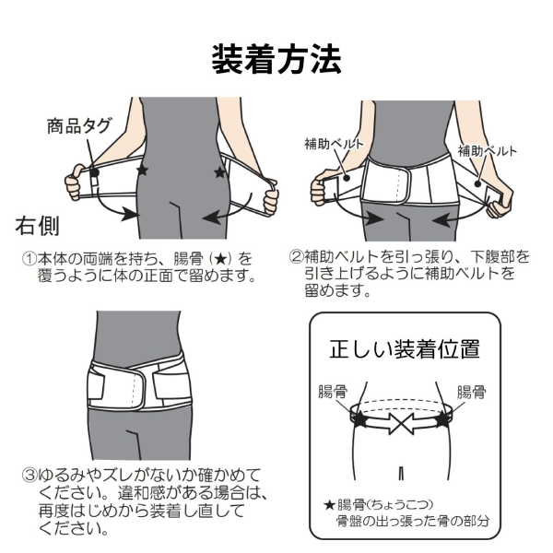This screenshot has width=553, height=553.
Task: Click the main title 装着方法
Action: coord(276,59)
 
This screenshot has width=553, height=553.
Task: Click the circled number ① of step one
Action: coord(28,259)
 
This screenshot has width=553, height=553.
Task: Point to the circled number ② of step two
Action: coord(296,259)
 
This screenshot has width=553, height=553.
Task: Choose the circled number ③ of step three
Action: coord(29,475)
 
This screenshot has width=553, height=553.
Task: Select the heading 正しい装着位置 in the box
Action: coord(404,350)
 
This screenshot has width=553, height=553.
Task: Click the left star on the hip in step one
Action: coord(141,171)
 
